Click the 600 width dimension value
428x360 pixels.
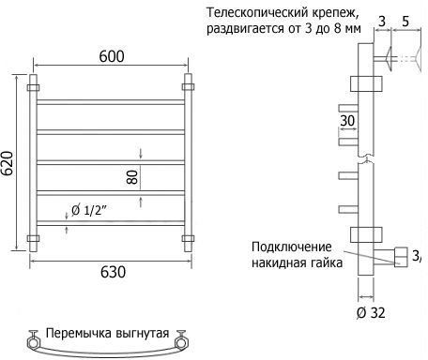tap(112, 56)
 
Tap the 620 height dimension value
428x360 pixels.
tap(8, 163)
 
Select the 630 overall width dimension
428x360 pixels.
tap(113, 272)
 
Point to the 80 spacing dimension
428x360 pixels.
tap(132, 177)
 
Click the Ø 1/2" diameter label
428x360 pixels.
tap(89, 210)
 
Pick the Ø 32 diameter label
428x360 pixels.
tap(371, 312)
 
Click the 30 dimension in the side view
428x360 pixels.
tap(347, 121)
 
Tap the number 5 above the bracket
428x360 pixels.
tap(405, 22)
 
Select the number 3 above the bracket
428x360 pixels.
tap(382, 22)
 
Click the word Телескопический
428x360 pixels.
tap(258, 13)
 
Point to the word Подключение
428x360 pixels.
tap(292, 247)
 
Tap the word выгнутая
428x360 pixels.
tap(143, 334)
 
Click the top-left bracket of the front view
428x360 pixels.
tap(33, 87)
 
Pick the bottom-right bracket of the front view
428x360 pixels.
tap(188, 239)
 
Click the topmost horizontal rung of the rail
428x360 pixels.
tap(111, 102)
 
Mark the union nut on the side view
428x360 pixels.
tap(402, 257)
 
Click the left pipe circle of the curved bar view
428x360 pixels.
tap(33, 343)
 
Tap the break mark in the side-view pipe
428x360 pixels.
tap(366, 158)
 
